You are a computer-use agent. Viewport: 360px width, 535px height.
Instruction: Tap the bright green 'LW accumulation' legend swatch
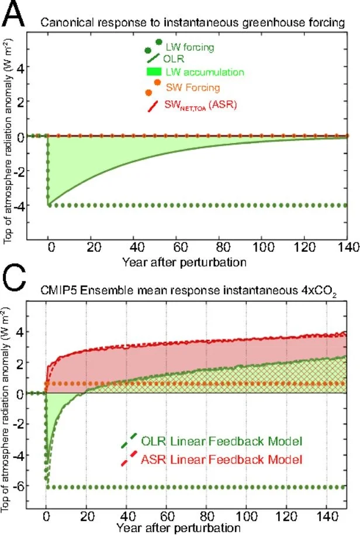[154, 72]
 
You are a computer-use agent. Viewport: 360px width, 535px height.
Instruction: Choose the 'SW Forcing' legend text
[192, 88]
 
